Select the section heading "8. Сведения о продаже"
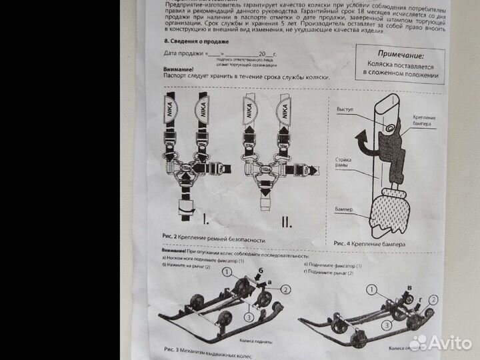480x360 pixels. [x=192, y=41]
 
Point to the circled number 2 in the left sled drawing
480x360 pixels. [x=287, y=289]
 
